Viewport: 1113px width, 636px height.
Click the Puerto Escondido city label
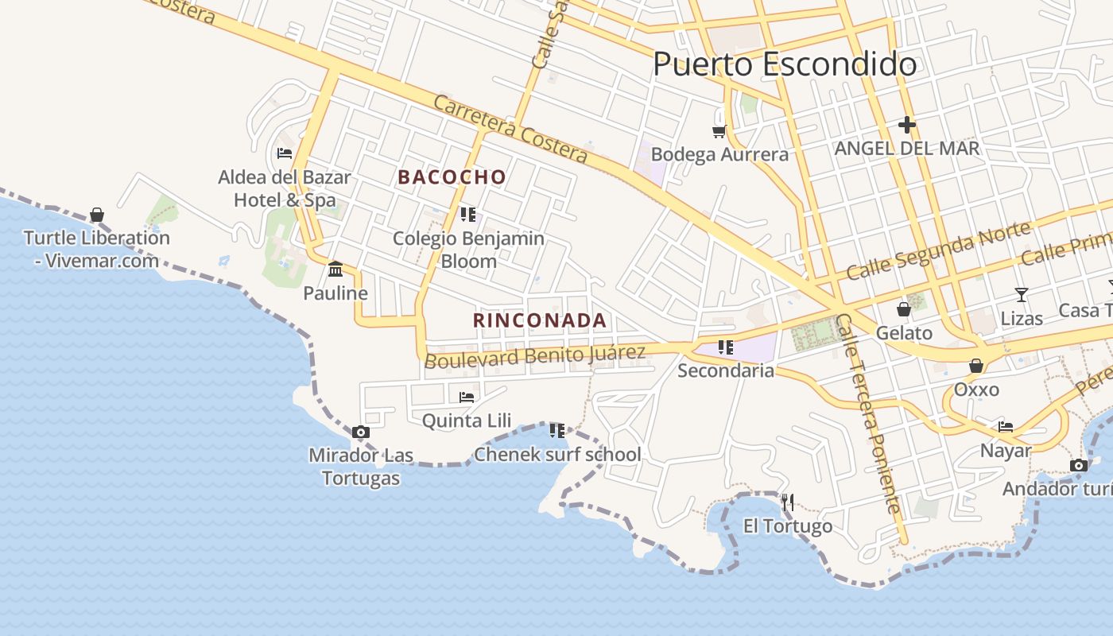[x=785, y=64]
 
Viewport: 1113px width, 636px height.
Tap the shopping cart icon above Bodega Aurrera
[x=719, y=131]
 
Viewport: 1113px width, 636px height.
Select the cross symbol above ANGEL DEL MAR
[x=907, y=125]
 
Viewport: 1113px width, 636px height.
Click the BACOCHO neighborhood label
[x=452, y=177]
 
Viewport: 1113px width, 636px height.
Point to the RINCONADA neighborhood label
[x=540, y=320]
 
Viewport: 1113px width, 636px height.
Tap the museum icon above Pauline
[x=335, y=269]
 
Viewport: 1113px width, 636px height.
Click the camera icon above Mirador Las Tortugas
[x=361, y=432]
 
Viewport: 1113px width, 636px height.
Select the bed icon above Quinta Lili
[x=467, y=397]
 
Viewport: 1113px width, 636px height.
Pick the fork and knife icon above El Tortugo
[x=787, y=502]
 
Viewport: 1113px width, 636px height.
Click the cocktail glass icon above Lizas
[x=1022, y=295]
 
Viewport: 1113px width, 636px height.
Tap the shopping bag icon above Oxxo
[x=976, y=366]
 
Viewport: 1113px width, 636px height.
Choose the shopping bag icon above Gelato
[x=904, y=308]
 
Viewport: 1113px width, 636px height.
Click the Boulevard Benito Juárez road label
[x=534, y=355]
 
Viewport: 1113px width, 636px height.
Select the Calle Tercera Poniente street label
[x=868, y=413]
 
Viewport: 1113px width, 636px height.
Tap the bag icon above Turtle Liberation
[x=97, y=215]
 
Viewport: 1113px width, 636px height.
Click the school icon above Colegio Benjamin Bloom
[x=468, y=214]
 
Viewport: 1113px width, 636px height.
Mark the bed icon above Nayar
[x=1006, y=426]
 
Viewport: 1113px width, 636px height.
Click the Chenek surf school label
[x=557, y=455]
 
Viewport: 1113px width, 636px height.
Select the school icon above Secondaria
[x=725, y=347]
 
